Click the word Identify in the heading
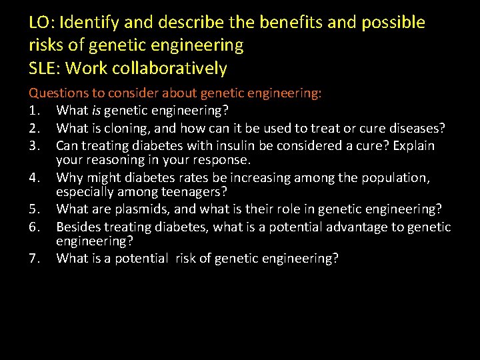88,23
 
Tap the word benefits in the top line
291,23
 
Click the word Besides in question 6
78,227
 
